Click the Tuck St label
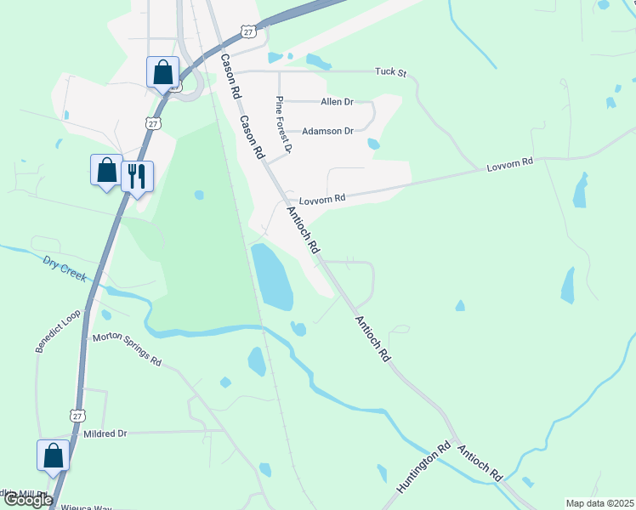pos(392,72)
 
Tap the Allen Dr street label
pos(336,102)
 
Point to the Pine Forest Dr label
pos(283,124)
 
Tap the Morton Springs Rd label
pos(127,348)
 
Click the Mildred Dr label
pos(105,433)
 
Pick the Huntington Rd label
pos(423,468)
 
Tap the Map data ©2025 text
pos(599,503)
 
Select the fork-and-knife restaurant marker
pos(137,177)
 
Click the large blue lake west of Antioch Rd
pos(272,276)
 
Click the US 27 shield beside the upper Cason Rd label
pos(247,31)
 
